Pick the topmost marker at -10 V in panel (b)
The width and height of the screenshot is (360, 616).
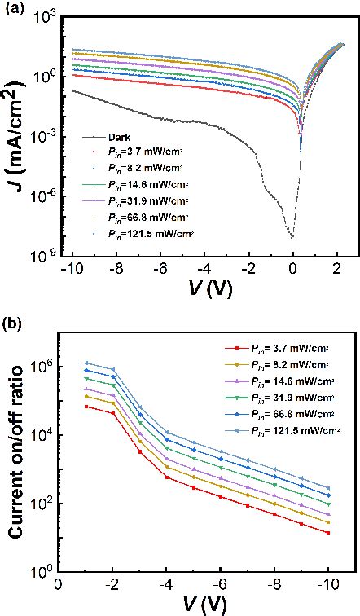click(x=328, y=488)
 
